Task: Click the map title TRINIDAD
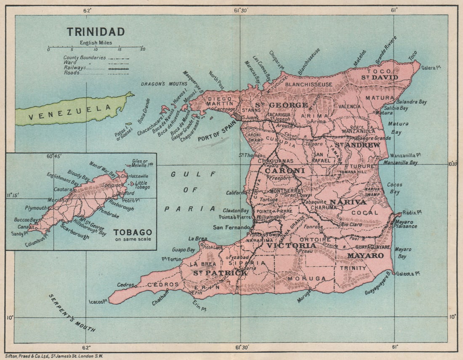pos(96,32)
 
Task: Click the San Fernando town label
pos(231,227)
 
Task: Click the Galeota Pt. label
pos(407,274)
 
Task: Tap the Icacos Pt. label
pos(98,301)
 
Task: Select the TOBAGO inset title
pos(133,232)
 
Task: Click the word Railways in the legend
pos(75,67)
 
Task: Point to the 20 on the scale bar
pos(143,49)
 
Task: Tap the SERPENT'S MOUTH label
pos(72,312)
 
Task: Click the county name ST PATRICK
pos(220,273)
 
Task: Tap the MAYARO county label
pos(365,256)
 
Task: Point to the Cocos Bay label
pos(395,188)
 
